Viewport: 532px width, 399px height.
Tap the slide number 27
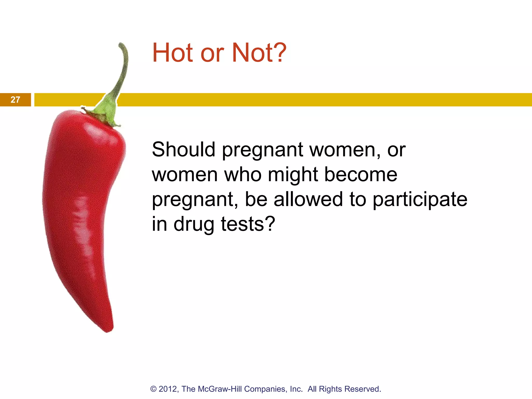tap(15, 100)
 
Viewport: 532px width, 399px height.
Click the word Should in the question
tap(183, 150)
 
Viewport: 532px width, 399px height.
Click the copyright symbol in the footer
tap(154, 389)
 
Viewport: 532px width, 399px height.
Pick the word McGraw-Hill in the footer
tap(220, 389)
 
